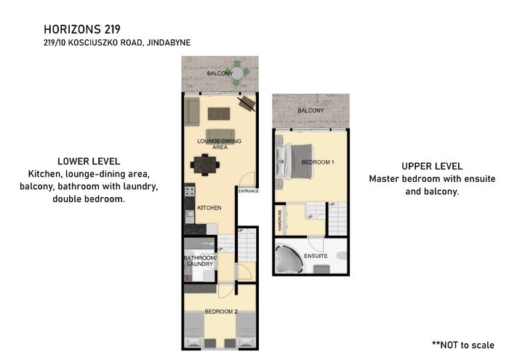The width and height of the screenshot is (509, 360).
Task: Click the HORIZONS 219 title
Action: tap(82, 29)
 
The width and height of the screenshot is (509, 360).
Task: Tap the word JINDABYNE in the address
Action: tap(169, 42)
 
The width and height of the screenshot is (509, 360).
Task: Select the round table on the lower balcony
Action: tap(238, 73)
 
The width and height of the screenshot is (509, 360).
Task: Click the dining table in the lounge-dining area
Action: tap(205, 165)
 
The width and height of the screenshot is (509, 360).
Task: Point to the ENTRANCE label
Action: tap(249, 191)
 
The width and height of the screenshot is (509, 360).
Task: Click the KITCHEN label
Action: tap(209, 208)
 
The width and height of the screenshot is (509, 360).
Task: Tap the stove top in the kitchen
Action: tap(190, 191)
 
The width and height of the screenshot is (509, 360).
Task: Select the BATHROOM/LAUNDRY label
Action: tap(200, 260)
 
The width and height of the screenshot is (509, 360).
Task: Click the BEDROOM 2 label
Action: tap(221, 311)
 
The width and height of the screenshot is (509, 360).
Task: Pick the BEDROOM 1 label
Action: tap(318, 162)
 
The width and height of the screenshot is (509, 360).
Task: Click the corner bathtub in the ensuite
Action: tap(289, 258)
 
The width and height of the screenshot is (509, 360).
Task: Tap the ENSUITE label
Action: tap(316, 256)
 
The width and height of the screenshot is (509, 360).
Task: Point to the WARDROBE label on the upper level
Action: tap(280, 220)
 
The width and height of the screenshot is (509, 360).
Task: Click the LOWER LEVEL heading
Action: tap(89, 161)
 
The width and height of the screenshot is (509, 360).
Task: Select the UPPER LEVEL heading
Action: tap(432, 167)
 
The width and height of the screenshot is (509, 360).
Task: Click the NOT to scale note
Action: tap(463, 345)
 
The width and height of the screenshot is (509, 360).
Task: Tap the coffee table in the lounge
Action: tap(219, 114)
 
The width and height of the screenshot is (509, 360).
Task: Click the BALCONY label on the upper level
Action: tap(310, 111)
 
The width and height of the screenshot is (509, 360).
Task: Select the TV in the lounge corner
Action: tap(247, 103)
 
